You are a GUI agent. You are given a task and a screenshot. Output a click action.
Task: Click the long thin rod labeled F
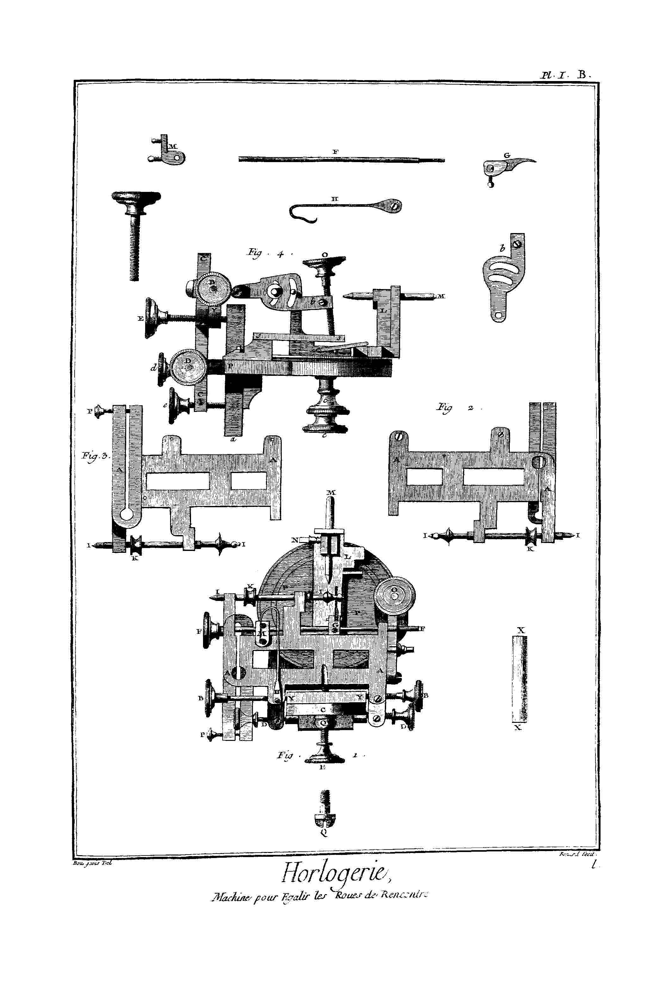(341, 159)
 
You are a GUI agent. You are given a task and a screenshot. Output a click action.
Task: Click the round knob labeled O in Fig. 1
(395, 596)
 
